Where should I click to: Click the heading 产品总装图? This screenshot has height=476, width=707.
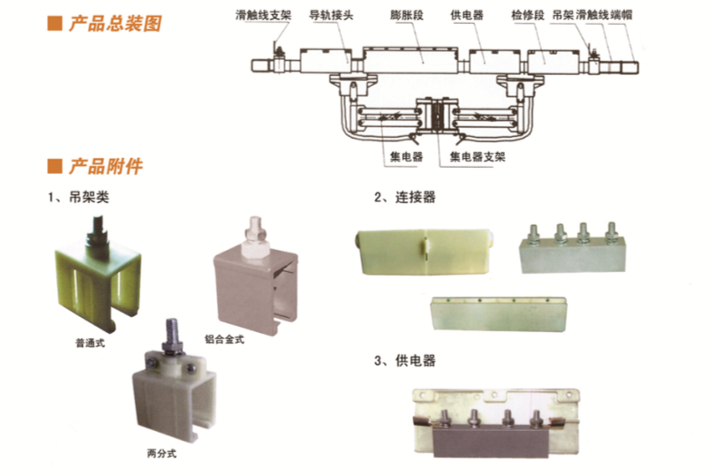pyautogui.click(x=115, y=24)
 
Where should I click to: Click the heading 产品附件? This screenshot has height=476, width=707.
pyautogui.click(x=106, y=167)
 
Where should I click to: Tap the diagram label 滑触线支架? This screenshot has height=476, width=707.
pyautogui.click(x=263, y=15)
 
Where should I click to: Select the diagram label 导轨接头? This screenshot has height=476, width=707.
pyautogui.click(x=331, y=15)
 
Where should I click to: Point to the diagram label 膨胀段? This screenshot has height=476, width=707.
pyautogui.click(x=407, y=15)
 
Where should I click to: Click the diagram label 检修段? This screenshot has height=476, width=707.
pyautogui.click(x=528, y=15)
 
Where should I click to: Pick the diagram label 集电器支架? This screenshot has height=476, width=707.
pyautogui.click(x=478, y=157)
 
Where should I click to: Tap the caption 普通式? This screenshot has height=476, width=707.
pyautogui.click(x=90, y=344)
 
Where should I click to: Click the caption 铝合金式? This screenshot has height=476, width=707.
pyautogui.click(x=224, y=339)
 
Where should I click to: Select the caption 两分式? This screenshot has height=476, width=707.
pyautogui.click(x=162, y=453)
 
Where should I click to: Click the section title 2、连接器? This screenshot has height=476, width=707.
pyautogui.click(x=404, y=197)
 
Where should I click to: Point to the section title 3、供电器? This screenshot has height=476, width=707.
pyautogui.click(x=404, y=361)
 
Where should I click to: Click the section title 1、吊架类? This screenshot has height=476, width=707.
pyautogui.click(x=79, y=197)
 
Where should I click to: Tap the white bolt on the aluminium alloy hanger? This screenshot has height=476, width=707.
pyautogui.click(x=256, y=238)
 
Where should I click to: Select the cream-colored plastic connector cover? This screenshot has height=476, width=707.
pyautogui.click(x=425, y=252)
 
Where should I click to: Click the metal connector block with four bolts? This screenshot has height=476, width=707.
pyautogui.click(x=573, y=253)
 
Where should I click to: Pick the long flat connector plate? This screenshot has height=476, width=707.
pyautogui.click(x=498, y=314)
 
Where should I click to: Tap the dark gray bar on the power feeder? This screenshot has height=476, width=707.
pyautogui.click(x=490, y=442)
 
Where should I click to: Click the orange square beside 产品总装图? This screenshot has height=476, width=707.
pyautogui.click(x=55, y=24)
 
